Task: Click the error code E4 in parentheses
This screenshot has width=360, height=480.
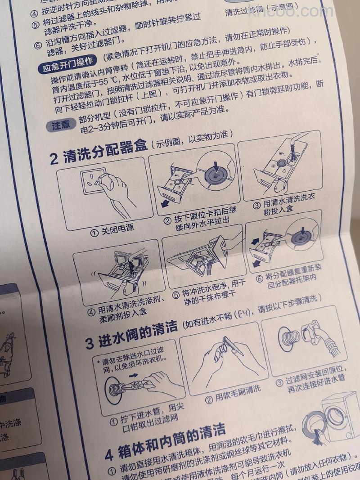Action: (x=241, y=311)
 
